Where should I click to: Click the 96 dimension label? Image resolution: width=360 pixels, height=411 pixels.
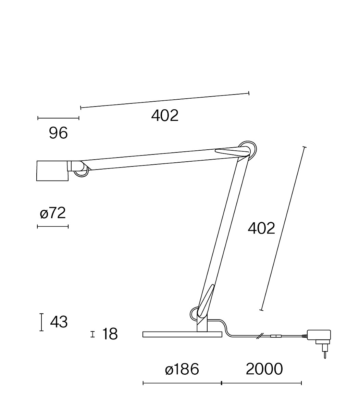click(x=58, y=133)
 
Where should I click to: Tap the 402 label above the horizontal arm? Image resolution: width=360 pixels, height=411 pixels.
click(x=165, y=116)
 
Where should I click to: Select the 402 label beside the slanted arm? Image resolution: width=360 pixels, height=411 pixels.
click(x=261, y=228)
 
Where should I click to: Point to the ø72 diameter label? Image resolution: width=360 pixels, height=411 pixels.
click(x=53, y=213)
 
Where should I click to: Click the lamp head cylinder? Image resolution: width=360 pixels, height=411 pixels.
click(x=52, y=171)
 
